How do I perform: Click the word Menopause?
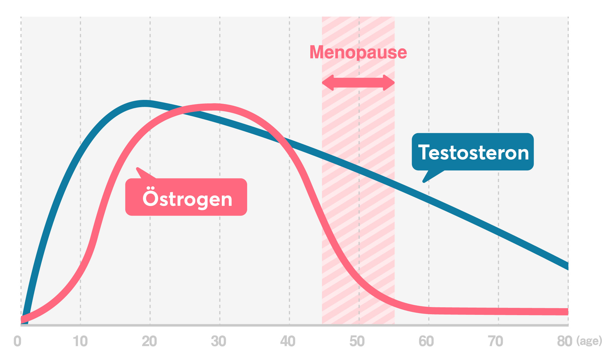tap(358, 52)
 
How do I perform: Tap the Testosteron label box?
tap(473, 152)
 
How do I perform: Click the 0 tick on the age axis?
tap(17, 341)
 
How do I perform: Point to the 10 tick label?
tap(80, 341)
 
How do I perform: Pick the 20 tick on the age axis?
tap(149, 341)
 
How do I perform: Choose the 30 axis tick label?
tap(219, 341)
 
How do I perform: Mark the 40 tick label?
tap(288, 341)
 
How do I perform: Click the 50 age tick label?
tap(357, 341)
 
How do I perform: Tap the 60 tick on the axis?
tap(426, 341)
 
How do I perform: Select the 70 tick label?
tap(496, 341)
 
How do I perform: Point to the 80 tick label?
tap(565, 341)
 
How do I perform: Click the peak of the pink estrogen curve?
tap(214, 107)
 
